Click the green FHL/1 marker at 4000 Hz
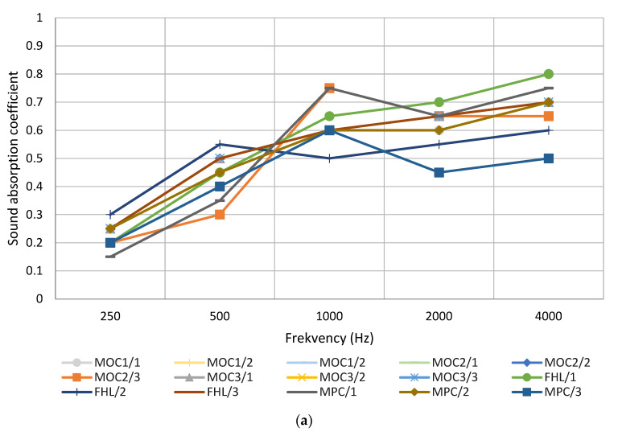pyautogui.click(x=548, y=74)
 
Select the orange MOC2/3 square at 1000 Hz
pyautogui.click(x=329, y=88)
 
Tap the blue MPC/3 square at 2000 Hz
pyautogui.click(x=439, y=172)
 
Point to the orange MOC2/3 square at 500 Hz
pyautogui.click(x=220, y=215)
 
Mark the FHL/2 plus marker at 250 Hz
pyautogui.click(x=110, y=215)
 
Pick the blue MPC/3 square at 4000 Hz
pyautogui.click(x=548, y=158)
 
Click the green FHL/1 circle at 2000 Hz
pyautogui.click(x=439, y=102)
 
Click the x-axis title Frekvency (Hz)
pyautogui.click(x=328, y=338)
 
